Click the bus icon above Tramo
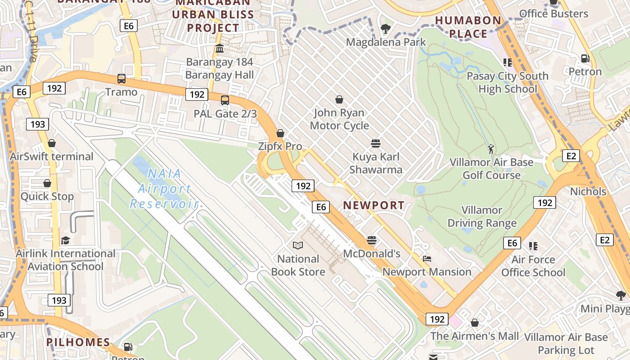pos(121,79)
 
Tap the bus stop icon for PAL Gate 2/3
pos(225,100)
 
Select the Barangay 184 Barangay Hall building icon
pos(220,49)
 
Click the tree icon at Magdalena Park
pos(385,29)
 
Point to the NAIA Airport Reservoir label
pos(164,189)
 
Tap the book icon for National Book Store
pos(298,246)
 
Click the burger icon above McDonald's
pos(372,240)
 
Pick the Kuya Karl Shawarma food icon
pos(376,144)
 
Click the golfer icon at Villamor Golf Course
pos(491,149)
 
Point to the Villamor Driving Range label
pos(482,216)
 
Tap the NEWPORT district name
pos(374,206)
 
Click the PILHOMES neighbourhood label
pos(78,342)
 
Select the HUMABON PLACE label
pos(468,27)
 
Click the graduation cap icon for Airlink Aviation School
pos(66,240)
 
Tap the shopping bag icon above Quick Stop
pos(47,184)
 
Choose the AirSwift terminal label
pos(52,157)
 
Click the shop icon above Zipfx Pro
pos(280,133)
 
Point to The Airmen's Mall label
pos(475,336)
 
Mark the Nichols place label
pos(588,192)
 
